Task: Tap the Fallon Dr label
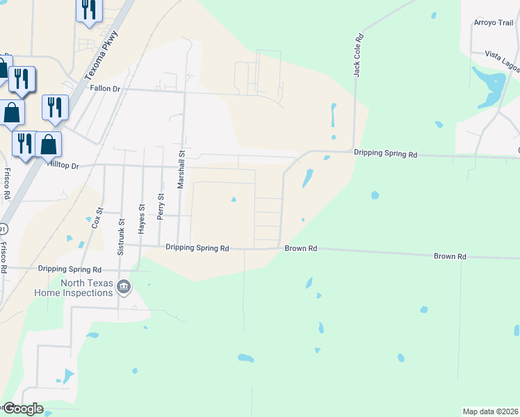[x=105, y=88]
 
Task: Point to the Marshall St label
[x=180, y=171]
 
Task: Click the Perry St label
[x=160, y=207]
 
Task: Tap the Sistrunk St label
[x=121, y=235]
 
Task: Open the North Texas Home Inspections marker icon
[x=124, y=286]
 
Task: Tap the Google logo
[x=22, y=409]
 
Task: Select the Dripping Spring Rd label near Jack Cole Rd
[x=385, y=153]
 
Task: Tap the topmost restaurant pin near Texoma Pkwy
[x=88, y=10]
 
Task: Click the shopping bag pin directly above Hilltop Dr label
[x=49, y=145]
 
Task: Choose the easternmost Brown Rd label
[x=450, y=256]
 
